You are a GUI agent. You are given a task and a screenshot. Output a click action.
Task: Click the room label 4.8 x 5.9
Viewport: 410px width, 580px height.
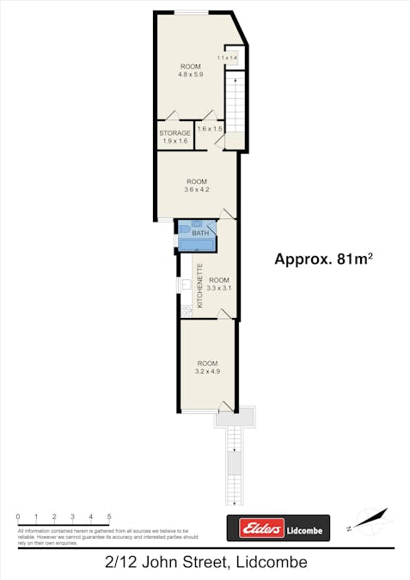pos(190,71)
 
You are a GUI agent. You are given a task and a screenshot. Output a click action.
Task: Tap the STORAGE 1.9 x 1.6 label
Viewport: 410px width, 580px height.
pos(174,137)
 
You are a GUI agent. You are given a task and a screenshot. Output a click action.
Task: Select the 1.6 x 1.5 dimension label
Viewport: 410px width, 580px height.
pos(210,129)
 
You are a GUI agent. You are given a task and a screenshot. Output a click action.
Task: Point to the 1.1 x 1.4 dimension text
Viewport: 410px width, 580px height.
pos(227,58)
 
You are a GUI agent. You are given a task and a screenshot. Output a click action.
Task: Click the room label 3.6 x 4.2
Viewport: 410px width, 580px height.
pos(197,186)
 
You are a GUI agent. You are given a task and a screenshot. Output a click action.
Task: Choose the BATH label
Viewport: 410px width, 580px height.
pos(200,234)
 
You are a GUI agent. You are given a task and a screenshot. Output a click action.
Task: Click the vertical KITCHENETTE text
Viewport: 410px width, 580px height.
pos(200,286)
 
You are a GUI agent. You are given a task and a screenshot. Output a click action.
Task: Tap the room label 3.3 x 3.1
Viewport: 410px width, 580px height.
pos(220,284)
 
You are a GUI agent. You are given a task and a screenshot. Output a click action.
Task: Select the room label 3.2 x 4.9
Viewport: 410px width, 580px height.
pos(208,368)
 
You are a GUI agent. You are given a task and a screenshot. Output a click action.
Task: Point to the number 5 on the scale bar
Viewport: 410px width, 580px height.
pos(109,516)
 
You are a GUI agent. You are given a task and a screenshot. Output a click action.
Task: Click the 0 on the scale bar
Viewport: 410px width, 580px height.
pos(18,516)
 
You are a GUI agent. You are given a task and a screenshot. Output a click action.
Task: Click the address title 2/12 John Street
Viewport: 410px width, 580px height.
pos(204,563)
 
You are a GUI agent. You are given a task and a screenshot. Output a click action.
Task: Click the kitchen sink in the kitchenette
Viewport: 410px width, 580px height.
pos(187,283)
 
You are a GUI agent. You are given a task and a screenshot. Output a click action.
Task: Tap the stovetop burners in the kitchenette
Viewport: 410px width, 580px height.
pos(186,310)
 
